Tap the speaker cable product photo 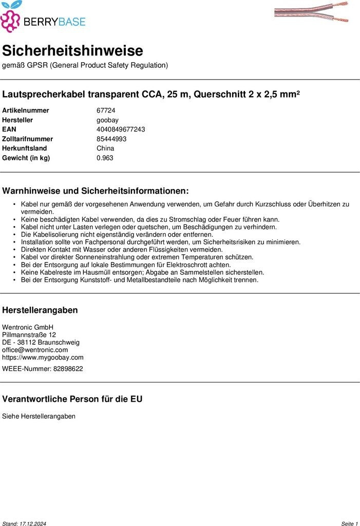coord(311,12)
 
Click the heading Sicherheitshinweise coord(72,51)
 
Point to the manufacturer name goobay coord(107,120)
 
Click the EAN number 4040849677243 coord(121,129)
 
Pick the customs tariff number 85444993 coord(111,139)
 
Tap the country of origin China coord(105,148)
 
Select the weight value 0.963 coord(105,158)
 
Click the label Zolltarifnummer coord(28,139)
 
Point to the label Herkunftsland coord(25,148)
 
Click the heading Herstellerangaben coord(40,310)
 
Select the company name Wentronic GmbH coord(28,327)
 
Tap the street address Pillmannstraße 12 coord(29,335)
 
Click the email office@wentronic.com coord(35,350)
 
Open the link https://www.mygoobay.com coord(43,358)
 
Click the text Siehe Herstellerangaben coord(39,416)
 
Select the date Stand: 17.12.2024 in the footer coord(24,523)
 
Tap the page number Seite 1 coord(349,523)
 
